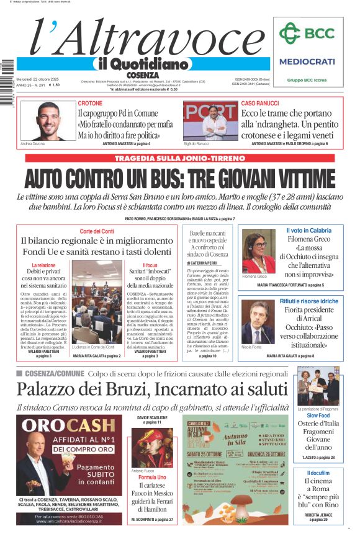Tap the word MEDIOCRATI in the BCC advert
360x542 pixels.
tap(307, 61)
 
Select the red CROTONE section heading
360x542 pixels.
tap(91, 103)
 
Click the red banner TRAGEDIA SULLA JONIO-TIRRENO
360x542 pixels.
tap(179, 158)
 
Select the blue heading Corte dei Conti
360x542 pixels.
tap(97, 231)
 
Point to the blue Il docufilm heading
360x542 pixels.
tap(318, 473)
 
